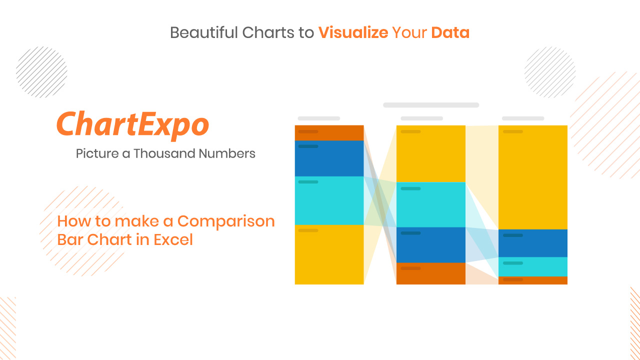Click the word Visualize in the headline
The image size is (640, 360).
pyautogui.click(x=353, y=32)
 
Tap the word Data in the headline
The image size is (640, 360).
pyautogui.click(x=450, y=32)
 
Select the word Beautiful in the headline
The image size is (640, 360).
pyautogui.click(x=204, y=32)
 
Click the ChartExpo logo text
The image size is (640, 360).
pyautogui.click(x=133, y=125)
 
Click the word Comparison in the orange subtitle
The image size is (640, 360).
pyautogui.click(x=226, y=221)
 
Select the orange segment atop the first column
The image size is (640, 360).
pyautogui.click(x=329, y=133)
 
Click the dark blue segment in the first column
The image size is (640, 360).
pyautogui.click(x=329, y=158)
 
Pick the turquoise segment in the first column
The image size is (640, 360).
pyautogui.click(x=329, y=201)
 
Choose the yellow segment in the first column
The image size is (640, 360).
pyautogui.click(x=329, y=254)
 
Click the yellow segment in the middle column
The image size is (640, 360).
pyautogui.click(x=431, y=153)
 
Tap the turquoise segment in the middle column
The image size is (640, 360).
pyautogui.click(x=431, y=205)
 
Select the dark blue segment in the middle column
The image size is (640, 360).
pyautogui.click(x=431, y=245)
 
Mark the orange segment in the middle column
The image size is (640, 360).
pyautogui.click(x=431, y=273)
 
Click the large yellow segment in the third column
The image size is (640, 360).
pyautogui.click(x=533, y=177)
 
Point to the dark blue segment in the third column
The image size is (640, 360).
pyautogui.click(x=533, y=243)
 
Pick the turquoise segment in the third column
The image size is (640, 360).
pyautogui.click(x=533, y=267)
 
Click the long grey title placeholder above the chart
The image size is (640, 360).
pyautogui.click(x=431, y=105)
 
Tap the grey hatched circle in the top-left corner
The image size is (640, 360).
pyautogui.click(x=41, y=72)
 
